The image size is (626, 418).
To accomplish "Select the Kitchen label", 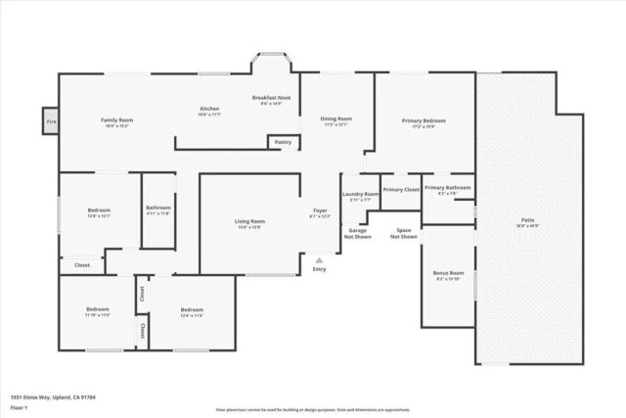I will tap(209, 109).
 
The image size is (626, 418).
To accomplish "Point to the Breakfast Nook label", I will tap(272, 98).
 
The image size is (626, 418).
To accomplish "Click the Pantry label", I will tap(283, 142).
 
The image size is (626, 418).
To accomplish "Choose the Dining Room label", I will tap(335, 119).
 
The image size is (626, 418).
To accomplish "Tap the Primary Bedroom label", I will tap(424, 120).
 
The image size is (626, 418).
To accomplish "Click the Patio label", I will tap(527, 219).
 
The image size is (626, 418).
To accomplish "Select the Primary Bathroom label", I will tap(447, 187).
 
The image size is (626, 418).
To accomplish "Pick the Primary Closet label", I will tap(401, 189).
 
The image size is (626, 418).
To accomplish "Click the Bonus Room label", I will tap(448, 273).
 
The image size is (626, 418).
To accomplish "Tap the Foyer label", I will tap(320, 210).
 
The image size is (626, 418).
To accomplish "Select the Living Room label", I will tap(249, 221).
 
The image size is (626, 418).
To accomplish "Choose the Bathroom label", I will tap(158, 208).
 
